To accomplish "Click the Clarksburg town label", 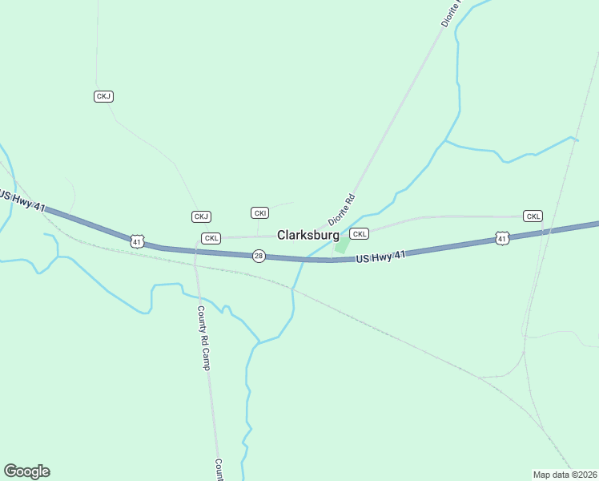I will point(308,236).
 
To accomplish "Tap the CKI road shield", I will point(259,212).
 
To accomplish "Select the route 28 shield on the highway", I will point(258,256).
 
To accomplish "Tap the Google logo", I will point(26,471).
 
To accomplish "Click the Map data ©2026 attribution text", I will point(565,474).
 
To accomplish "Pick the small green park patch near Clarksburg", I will point(342,245).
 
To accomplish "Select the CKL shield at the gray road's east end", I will point(533,216).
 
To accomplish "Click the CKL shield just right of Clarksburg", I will point(360,234).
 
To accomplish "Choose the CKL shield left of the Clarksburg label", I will point(211,238).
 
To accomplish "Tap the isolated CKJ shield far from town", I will point(103,96).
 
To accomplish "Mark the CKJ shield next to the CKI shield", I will point(201,216).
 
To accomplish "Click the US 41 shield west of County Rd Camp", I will point(138,240).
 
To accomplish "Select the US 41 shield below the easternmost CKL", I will point(501,238).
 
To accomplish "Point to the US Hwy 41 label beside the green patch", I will point(380,257).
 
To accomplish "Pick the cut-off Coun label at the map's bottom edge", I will point(218,470).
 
